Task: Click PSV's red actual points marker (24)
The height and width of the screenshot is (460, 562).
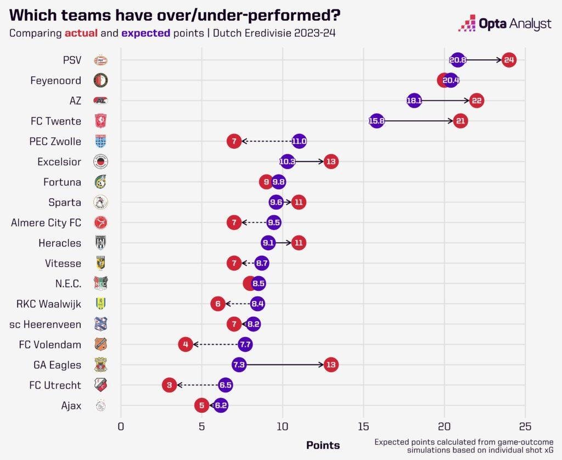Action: tap(509, 60)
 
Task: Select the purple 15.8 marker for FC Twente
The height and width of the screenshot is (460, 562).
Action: tap(376, 121)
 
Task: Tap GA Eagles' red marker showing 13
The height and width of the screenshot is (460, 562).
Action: tap(331, 364)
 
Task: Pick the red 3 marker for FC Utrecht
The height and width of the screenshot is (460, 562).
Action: tap(169, 385)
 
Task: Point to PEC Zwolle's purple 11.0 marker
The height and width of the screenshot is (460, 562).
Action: tap(299, 141)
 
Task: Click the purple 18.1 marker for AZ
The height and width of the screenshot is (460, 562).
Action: tap(414, 100)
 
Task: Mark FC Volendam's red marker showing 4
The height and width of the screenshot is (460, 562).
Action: tap(186, 344)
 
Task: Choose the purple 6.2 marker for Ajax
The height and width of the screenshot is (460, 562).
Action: tap(221, 406)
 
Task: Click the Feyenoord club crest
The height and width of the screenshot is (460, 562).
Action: tap(100, 80)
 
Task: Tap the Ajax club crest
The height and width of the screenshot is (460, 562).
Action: tap(100, 406)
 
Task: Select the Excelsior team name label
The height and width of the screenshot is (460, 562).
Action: tap(59, 161)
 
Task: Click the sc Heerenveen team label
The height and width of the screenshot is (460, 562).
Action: tap(45, 324)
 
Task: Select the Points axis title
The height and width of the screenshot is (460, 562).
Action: tap(323, 445)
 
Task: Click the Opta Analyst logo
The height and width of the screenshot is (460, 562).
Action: tap(504, 24)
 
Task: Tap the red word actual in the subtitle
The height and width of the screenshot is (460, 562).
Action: tap(82, 33)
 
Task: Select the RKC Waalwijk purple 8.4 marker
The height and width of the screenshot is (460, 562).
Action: tap(257, 304)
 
